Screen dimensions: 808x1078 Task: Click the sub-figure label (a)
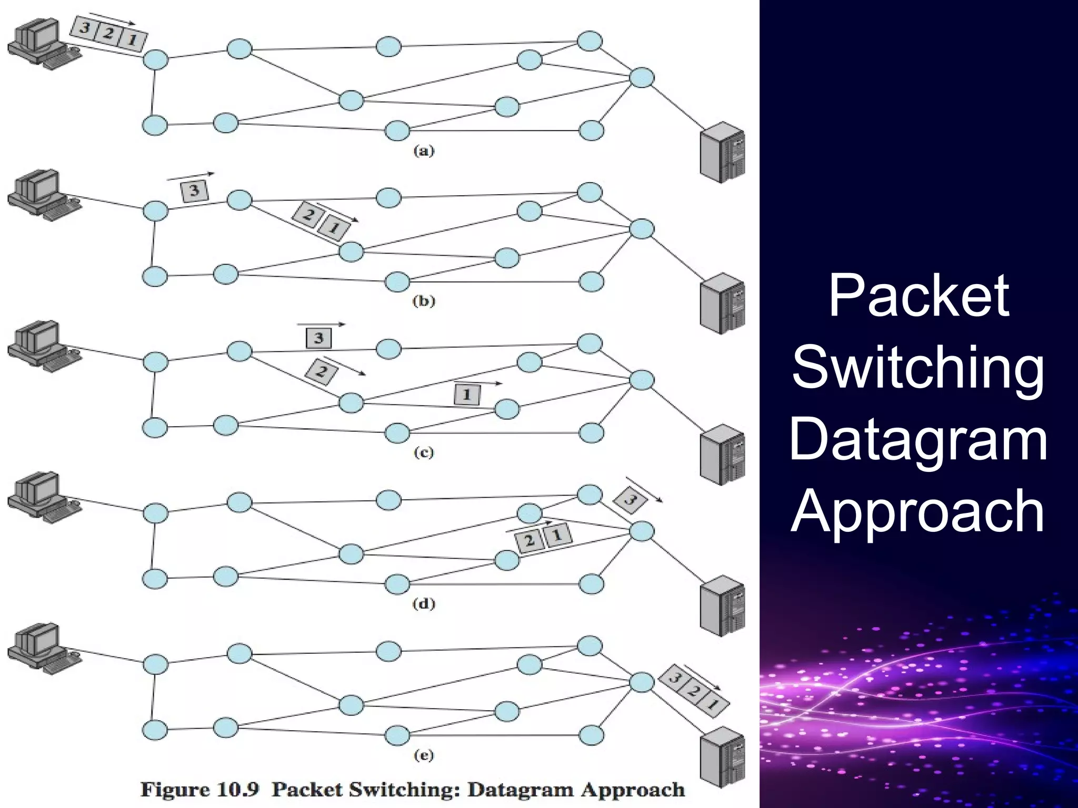pyautogui.click(x=424, y=151)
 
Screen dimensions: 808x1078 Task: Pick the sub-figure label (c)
pyautogui.click(x=423, y=453)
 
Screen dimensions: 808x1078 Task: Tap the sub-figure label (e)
pyautogui.click(x=423, y=756)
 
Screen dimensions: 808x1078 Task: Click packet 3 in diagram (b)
pyautogui.click(x=194, y=190)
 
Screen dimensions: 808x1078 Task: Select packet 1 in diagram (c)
pyautogui.click(x=467, y=395)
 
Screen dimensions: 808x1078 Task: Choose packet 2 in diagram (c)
pyautogui.click(x=321, y=372)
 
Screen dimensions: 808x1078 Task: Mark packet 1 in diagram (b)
pyautogui.click(x=333, y=228)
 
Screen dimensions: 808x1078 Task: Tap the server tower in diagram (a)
pyautogui.click(x=723, y=152)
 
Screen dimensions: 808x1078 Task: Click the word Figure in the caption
pyautogui.click(x=174, y=790)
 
